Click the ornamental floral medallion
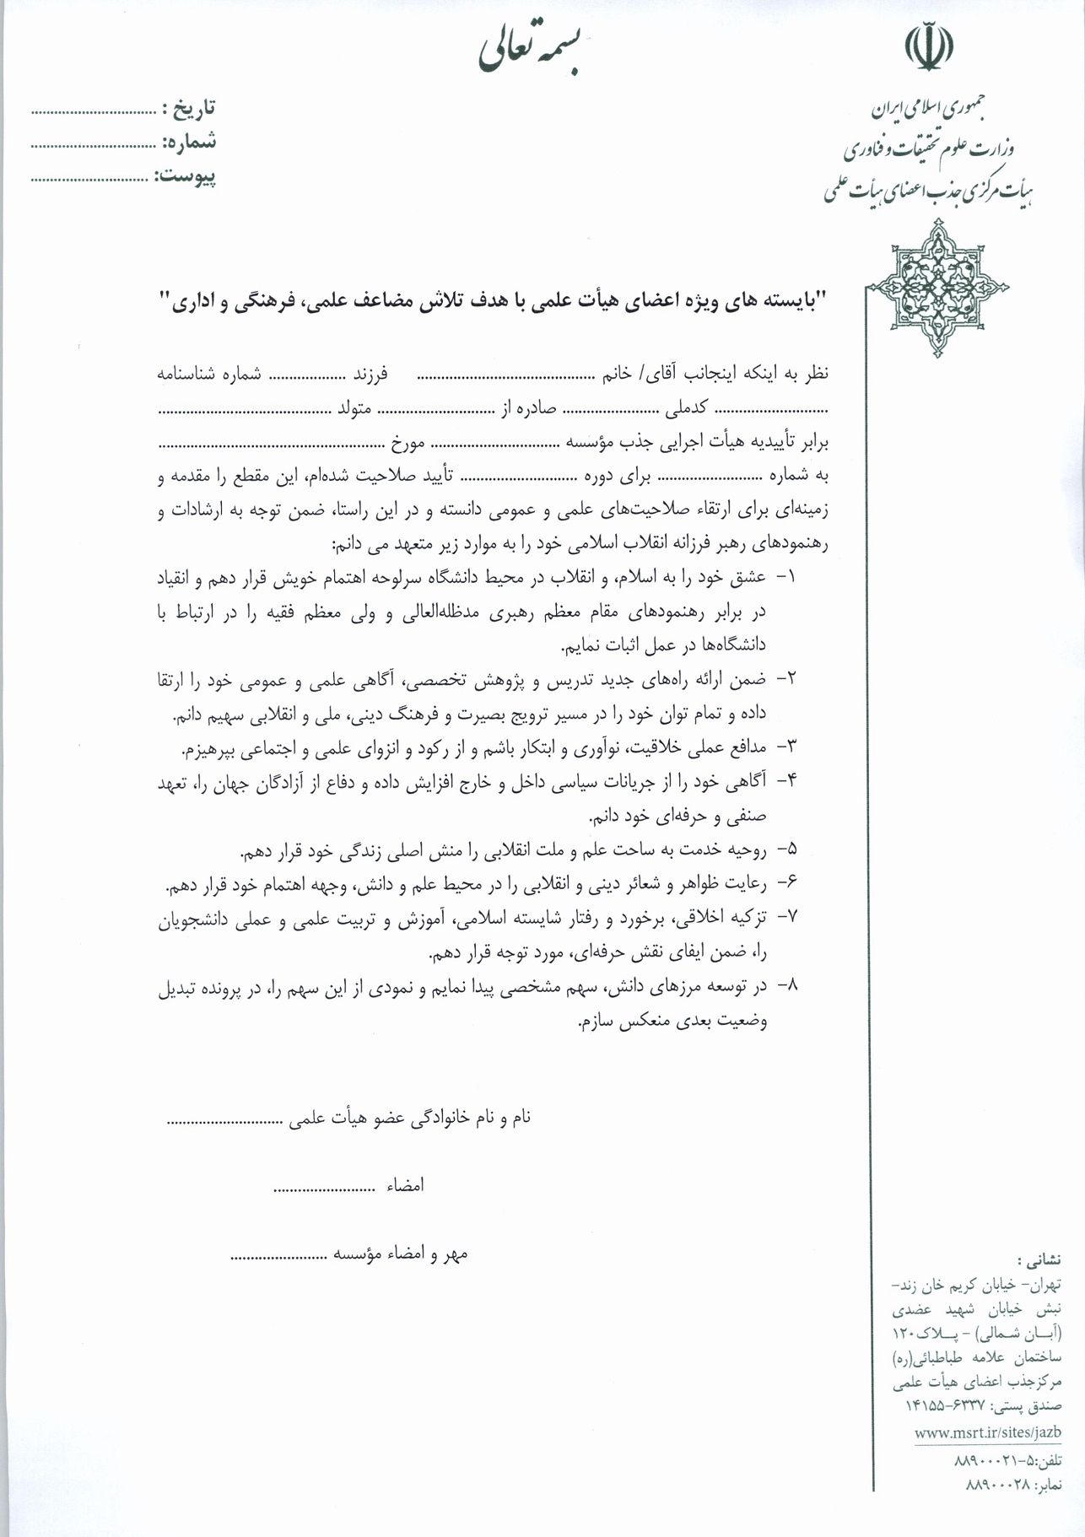[x=937, y=287]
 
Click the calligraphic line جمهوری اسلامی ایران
[x=928, y=110]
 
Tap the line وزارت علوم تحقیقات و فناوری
[x=928, y=150]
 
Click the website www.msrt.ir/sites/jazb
[x=987, y=1432]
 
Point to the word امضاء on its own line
[x=405, y=1185]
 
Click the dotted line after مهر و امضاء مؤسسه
[x=278, y=1256]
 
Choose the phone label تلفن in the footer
[x=1048, y=1460]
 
